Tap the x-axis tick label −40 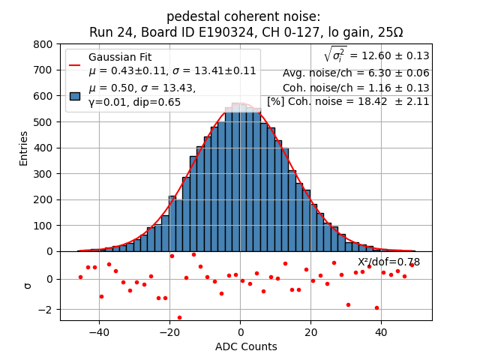[x=99, y=331]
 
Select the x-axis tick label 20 [x=310, y=331]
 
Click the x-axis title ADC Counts [x=246, y=346]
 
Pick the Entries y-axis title [x=24, y=148]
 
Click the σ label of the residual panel [x=28, y=285]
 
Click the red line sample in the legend [x=75, y=64]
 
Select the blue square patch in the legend [x=75, y=96]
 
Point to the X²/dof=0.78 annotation [x=388, y=262]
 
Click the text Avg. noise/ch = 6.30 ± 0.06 [x=355, y=73]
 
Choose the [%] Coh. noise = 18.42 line [x=348, y=101]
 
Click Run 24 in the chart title [x=109, y=32]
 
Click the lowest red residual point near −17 [x=179, y=317]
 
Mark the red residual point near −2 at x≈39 [x=376, y=307]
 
